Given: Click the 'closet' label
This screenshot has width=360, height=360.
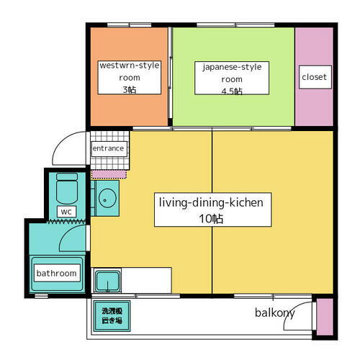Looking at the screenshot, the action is tap(315, 77).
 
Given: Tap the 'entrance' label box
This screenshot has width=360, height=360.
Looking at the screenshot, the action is tap(109, 148).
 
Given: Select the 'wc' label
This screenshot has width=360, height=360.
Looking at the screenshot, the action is tap(66, 212).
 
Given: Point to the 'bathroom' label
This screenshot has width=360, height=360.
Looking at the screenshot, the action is tap(57, 273).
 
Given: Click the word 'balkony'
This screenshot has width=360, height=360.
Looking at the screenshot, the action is tap(275, 313).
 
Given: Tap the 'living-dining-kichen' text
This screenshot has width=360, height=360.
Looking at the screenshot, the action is tap(211, 202).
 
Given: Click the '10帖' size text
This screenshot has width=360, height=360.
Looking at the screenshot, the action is tap(211, 219).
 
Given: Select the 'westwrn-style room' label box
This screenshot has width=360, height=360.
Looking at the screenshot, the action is tap(130, 78).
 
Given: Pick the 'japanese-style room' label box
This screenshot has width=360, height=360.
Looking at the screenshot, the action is tap(232, 78).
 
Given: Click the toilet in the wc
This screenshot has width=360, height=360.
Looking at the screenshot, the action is tap(67, 188).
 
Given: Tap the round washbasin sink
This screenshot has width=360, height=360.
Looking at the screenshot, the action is tap(107, 198).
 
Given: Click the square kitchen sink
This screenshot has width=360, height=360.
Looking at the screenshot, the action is tap(108, 281).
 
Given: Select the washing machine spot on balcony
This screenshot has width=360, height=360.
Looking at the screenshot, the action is tap(112, 316).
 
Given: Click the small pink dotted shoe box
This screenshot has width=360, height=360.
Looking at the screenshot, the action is tap(109, 174).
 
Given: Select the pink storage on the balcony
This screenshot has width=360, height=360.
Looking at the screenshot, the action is tap(325, 317).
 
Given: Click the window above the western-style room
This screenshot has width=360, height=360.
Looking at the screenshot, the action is tap(129, 25).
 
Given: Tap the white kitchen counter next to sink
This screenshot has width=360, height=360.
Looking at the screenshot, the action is tap(146, 280).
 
